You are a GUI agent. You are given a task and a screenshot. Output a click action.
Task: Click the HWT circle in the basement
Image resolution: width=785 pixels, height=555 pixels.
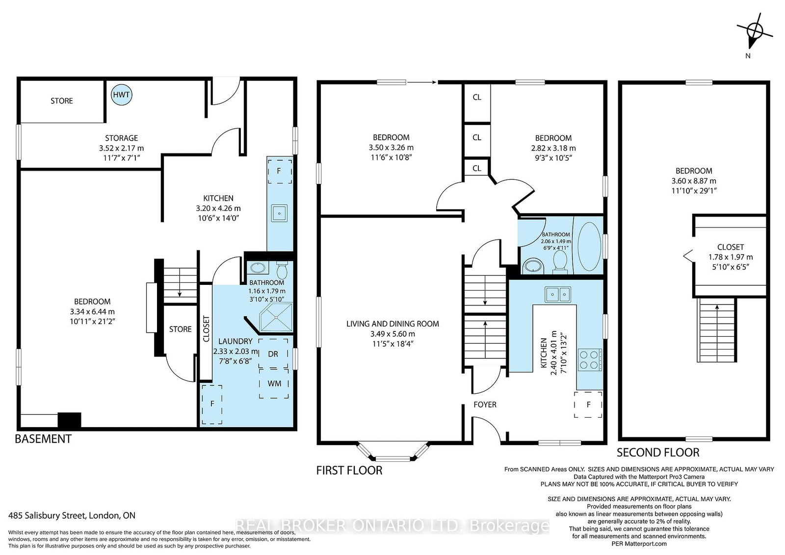click(x=121, y=95)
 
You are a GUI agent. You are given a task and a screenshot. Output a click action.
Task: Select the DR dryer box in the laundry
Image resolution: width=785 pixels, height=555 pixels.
click(x=273, y=353)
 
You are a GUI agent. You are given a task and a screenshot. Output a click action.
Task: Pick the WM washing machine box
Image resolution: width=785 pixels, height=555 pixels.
click(x=274, y=383)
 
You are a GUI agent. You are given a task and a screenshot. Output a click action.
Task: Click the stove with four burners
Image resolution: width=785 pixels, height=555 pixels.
click(x=590, y=359)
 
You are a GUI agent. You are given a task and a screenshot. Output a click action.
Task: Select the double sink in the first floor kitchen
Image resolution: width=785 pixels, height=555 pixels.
click(x=557, y=294)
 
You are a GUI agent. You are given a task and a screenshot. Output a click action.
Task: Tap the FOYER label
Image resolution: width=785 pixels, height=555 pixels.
click(x=485, y=404)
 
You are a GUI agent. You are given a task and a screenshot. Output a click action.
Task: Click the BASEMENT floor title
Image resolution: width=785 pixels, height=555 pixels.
click(x=43, y=439)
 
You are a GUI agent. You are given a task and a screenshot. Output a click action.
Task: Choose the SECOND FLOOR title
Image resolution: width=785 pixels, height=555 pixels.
click(x=658, y=453)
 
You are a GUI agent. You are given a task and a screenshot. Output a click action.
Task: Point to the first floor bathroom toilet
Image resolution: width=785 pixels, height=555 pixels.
click(x=560, y=262)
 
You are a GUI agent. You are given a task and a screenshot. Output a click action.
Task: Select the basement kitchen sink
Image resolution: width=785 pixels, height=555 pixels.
click(x=279, y=213)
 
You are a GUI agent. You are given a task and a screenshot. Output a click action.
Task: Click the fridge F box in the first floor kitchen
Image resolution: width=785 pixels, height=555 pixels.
click(x=588, y=404)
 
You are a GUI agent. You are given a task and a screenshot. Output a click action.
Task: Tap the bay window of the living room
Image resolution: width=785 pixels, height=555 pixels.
click(x=393, y=452)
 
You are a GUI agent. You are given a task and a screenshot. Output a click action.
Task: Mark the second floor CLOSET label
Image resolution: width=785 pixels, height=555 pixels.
click(x=731, y=247)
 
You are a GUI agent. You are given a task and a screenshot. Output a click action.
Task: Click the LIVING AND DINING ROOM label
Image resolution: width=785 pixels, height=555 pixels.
click(x=392, y=324)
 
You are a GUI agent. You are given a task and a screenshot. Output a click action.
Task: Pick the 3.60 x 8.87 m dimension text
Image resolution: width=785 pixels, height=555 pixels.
click(x=694, y=181)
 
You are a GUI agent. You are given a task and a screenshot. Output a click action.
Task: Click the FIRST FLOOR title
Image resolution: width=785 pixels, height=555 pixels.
click(x=349, y=470)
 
